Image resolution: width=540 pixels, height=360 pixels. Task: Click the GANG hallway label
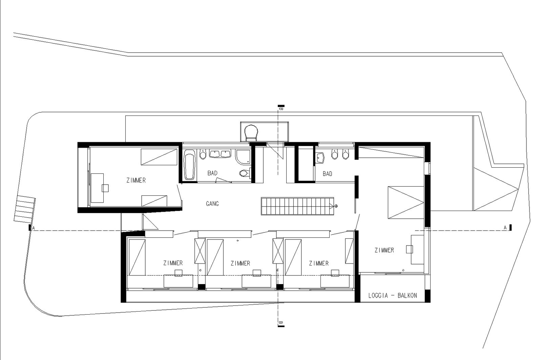point(212,204)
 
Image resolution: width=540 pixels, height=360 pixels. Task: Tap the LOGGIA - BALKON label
point(393,295)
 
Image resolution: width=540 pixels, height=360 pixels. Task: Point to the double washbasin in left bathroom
point(220,154)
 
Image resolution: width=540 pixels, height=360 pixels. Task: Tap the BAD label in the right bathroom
point(327,174)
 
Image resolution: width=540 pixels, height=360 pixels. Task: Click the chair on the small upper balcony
point(251,132)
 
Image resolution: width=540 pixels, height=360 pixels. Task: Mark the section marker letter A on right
point(505,228)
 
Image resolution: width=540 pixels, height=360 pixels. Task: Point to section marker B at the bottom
point(281,323)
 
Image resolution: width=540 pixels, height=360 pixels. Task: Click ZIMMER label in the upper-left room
point(136,181)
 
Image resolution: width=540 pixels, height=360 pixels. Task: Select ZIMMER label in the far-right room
point(384,250)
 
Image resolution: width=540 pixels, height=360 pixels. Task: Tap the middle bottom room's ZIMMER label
point(240,263)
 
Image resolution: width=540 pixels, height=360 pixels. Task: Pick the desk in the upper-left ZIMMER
point(97,188)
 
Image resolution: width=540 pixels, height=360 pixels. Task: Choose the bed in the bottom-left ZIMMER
point(137,257)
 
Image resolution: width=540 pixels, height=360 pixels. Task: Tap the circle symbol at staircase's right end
point(336,206)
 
